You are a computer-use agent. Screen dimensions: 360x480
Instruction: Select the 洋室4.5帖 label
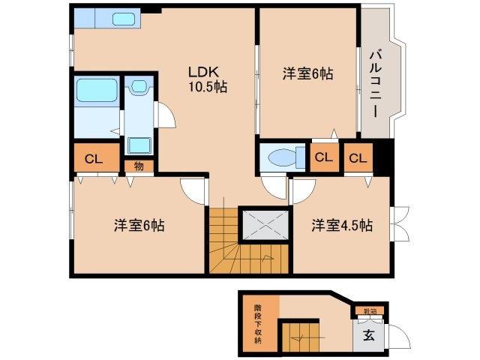pos(342,224)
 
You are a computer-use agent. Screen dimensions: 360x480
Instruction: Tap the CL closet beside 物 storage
pos(94,159)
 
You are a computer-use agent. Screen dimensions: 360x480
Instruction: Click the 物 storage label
pos(139,166)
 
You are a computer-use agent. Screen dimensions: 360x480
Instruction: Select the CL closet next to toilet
pos(323,158)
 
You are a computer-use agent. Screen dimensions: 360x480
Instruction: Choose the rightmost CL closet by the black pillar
pos(357,158)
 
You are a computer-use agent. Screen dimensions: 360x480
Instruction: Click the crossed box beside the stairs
pos(263,223)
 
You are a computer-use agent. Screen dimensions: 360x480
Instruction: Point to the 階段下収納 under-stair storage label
pos(258,324)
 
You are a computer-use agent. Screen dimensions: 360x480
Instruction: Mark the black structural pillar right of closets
pos(383,158)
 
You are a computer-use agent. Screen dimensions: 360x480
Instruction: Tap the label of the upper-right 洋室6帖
pos(307,74)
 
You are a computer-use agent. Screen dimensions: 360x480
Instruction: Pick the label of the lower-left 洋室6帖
pos(139,225)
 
